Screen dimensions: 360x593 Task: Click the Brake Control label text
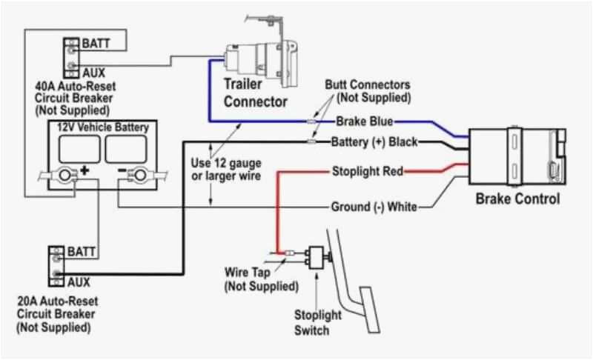pyautogui.click(x=517, y=199)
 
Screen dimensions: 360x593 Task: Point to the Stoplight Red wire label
pyautogui.click(x=367, y=172)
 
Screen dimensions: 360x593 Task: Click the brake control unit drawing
pyautogui.click(x=517, y=156)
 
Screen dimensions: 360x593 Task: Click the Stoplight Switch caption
pyautogui.click(x=318, y=321)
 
